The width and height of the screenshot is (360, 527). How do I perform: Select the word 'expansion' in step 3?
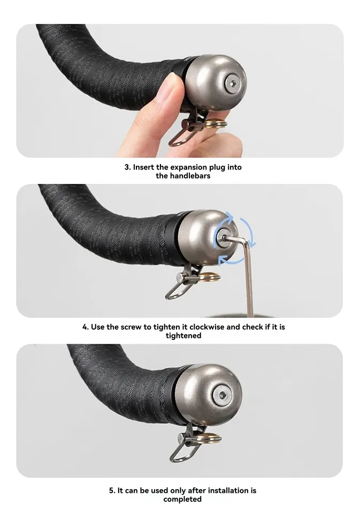190,167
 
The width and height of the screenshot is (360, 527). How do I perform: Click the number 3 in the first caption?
127,167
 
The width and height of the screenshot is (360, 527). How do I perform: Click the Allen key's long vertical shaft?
248,283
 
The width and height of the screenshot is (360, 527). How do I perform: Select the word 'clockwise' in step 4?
206,327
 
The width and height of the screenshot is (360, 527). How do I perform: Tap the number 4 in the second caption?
85,327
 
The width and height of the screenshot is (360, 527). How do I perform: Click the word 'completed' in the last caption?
182,499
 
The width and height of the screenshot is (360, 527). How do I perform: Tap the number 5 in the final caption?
112,490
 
